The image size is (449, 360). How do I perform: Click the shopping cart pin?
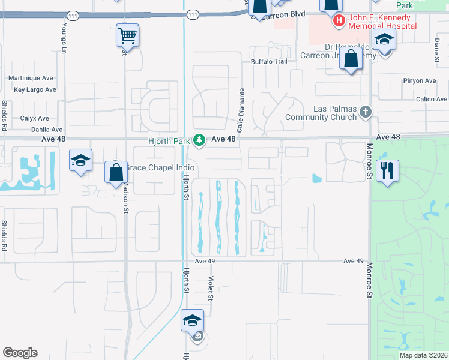[x=127, y=35]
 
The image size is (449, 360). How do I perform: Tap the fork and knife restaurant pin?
[x=387, y=170]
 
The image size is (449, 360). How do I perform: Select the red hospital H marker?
[x=339, y=21]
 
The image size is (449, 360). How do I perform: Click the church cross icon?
[x=365, y=112]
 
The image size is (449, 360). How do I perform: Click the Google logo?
[x=20, y=353]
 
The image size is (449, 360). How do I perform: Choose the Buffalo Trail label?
[x=269, y=61]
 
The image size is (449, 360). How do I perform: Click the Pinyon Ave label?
[x=420, y=81]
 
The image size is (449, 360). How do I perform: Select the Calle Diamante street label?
[x=241, y=110]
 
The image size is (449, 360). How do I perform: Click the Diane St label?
[x=436, y=50]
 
